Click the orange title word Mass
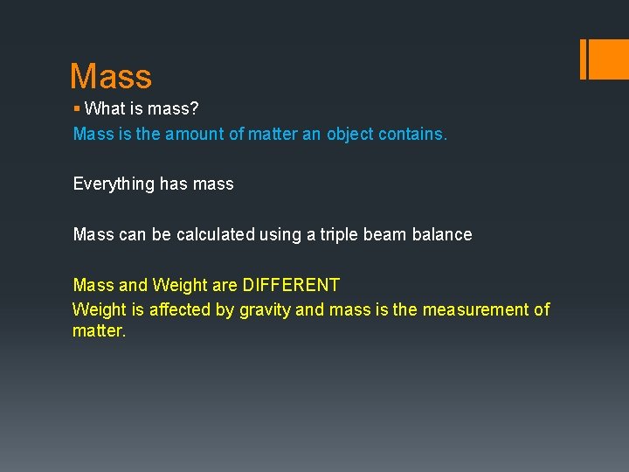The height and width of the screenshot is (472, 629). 111,77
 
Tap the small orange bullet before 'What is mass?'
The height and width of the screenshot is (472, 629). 77,109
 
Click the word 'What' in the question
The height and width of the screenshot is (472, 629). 104,109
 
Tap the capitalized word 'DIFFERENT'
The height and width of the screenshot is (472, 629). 291,285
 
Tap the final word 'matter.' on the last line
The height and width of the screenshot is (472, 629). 100,332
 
